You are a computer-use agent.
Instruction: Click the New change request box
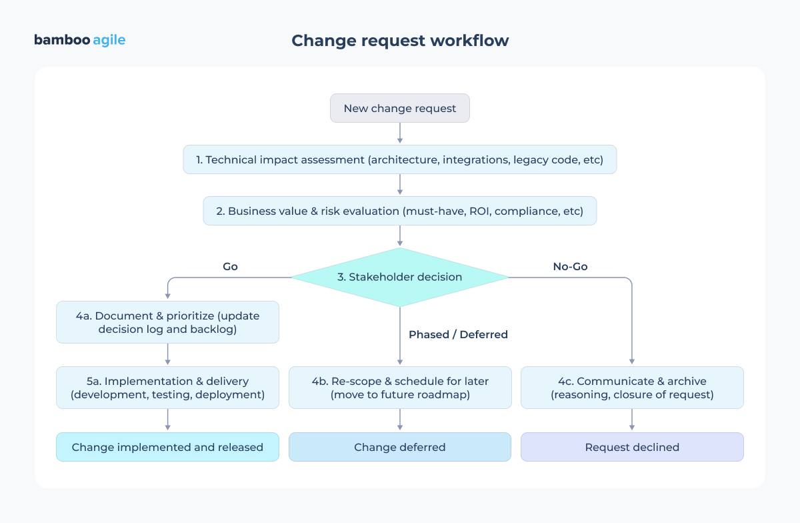(400, 108)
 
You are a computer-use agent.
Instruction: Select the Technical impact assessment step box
(400, 159)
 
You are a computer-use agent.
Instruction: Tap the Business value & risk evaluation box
(400, 211)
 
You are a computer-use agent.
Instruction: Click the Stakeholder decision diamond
(400, 277)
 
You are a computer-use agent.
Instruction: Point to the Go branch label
(230, 266)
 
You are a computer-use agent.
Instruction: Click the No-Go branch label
(570, 266)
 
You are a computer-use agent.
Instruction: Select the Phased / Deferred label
(458, 334)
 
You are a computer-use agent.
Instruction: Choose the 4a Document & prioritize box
(167, 322)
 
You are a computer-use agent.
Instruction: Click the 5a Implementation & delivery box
(167, 388)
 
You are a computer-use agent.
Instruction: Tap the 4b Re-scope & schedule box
(400, 388)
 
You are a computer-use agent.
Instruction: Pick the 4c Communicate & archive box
(632, 388)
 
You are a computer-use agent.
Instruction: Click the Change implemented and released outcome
(167, 447)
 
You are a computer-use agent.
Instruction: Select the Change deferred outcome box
(400, 447)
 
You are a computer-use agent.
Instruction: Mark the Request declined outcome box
(632, 447)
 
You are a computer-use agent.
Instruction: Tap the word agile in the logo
(109, 40)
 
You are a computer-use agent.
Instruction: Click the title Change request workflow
(400, 41)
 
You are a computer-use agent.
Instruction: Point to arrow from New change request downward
(400, 133)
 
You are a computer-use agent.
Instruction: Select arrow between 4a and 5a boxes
(167, 354)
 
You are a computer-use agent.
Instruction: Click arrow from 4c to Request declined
(632, 420)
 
